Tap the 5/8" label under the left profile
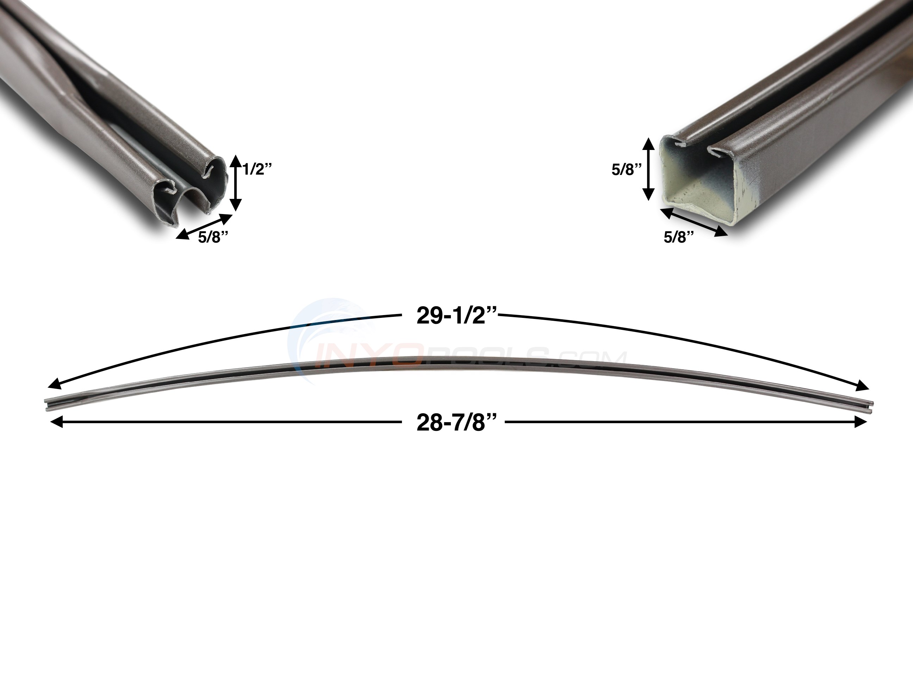pos(213,237)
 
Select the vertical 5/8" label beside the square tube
pos(627,170)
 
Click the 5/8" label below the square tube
pos(678,237)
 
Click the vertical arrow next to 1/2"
pos(235,183)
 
